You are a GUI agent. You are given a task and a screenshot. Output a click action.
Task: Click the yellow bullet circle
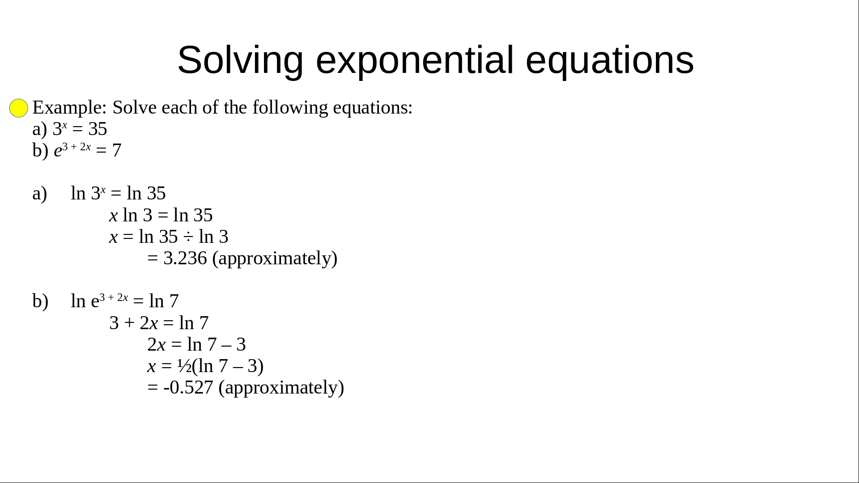tap(19, 108)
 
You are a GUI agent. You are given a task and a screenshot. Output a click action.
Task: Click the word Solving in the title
tap(240, 60)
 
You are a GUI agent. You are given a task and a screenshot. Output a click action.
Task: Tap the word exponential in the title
tap(415, 60)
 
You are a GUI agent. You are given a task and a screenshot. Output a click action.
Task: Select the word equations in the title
tap(610, 60)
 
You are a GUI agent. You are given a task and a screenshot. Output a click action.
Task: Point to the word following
tap(290, 108)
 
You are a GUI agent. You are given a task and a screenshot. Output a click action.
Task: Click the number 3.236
tap(185, 258)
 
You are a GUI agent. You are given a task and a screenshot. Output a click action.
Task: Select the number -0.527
tap(188, 387)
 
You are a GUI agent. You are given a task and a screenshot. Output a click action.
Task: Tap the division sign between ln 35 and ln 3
tap(188, 237)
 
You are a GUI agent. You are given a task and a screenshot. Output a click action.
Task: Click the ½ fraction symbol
tap(184, 366)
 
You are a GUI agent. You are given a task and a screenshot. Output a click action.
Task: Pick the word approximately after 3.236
tap(275, 258)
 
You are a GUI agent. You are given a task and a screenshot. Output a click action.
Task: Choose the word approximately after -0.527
tap(281, 388)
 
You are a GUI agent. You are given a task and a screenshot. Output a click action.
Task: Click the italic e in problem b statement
tap(58, 151)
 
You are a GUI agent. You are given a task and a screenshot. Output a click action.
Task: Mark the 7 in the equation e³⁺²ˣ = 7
tap(117, 151)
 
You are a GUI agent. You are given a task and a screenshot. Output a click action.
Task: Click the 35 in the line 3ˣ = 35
tap(98, 129)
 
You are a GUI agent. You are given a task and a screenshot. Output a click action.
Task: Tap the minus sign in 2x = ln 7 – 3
tap(226, 345)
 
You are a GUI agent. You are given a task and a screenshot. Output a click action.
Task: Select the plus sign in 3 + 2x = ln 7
tap(129, 323)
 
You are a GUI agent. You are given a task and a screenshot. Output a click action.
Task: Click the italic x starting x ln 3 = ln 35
tap(114, 216)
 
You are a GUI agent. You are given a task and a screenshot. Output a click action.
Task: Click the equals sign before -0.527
tap(153, 388)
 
